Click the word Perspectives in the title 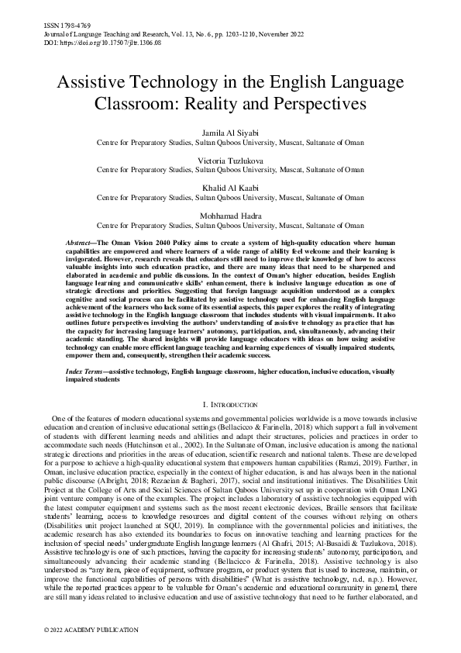pyautogui.click(x=319, y=102)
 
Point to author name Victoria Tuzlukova pyautogui.click(x=230, y=161)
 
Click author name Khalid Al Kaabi pyautogui.click(x=230, y=188)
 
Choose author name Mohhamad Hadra pyautogui.click(x=230, y=216)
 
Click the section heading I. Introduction pyautogui.click(x=230, y=405)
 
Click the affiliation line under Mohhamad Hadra pyautogui.click(x=230, y=226)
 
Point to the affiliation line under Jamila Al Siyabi pyautogui.click(x=230, y=143)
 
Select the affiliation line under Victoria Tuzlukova pyautogui.click(x=230, y=170)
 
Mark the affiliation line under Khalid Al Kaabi pyautogui.click(x=230, y=198)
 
